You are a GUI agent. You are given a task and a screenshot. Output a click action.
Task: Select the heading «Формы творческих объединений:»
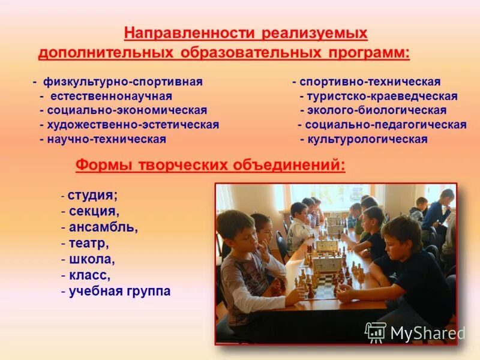tap(210, 165)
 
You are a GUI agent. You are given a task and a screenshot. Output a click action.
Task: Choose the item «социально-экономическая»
tap(128, 110)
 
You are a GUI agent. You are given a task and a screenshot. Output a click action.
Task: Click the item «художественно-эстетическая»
tap(134, 125)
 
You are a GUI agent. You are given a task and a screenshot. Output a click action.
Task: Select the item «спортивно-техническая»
tap(370, 82)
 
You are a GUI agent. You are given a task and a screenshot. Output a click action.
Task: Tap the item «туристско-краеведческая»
tap(382, 96)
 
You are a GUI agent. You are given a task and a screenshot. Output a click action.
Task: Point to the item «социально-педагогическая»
tap(386, 125)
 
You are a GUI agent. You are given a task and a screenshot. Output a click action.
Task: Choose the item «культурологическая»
tap(367, 139)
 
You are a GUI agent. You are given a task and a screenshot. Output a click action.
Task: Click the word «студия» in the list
tap(92, 196)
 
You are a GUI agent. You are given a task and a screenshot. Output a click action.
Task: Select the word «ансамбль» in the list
tap(103, 228)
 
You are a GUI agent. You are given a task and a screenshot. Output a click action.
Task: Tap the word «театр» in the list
tap(88, 244)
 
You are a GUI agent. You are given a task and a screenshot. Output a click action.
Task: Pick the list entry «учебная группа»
tap(119, 292)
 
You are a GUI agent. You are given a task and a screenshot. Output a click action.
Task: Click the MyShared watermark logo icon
tap(376, 332)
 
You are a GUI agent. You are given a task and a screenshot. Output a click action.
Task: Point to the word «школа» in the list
tap(91, 260)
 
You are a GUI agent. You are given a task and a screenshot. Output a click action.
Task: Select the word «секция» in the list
tap(94, 211)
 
